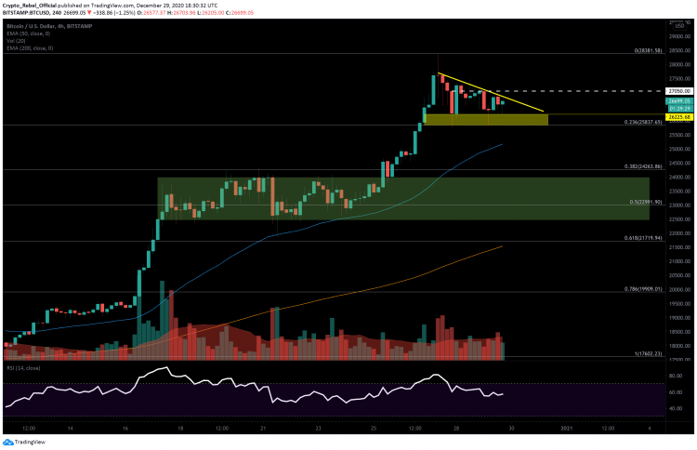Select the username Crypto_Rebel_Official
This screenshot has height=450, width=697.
pyautogui.click(x=29, y=5)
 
